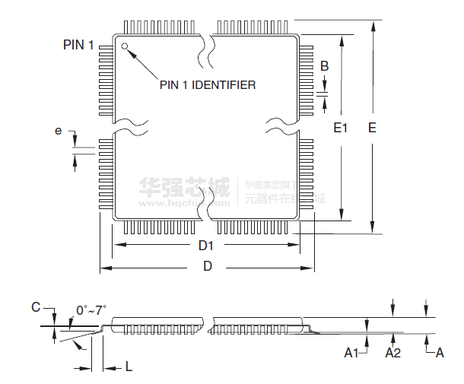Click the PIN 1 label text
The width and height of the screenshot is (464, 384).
tap(78, 46)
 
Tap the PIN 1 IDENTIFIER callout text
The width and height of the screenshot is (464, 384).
tap(207, 84)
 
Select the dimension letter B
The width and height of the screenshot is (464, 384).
tap(325, 66)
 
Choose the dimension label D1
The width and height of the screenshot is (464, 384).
tap(206, 245)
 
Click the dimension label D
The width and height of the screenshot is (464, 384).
tap(207, 266)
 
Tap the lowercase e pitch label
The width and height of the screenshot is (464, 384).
tap(59, 131)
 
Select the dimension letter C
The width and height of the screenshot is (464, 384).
tap(35, 307)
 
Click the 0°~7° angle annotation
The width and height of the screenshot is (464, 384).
tap(91, 310)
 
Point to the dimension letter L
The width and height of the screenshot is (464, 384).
tap(129, 367)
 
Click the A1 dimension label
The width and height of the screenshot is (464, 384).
tap(351, 353)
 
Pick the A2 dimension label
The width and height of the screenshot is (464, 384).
tap(392, 353)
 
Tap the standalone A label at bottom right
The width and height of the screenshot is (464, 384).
tap(439, 353)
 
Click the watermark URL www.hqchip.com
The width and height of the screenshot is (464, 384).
tap(176, 203)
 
